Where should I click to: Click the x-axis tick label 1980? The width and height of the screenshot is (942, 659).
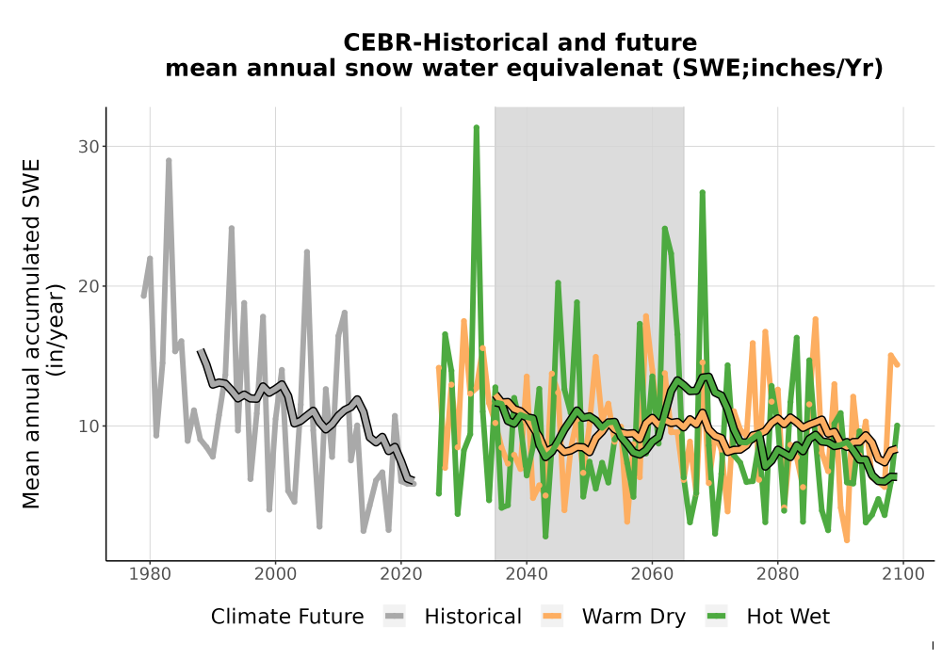(x=150, y=573)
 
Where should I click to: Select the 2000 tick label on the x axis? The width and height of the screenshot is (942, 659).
(x=275, y=573)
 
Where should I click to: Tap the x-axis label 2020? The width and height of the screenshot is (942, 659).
(x=400, y=573)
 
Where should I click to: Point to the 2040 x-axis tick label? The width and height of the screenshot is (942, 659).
(x=527, y=573)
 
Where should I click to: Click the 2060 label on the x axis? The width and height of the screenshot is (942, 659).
(x=652, y=573)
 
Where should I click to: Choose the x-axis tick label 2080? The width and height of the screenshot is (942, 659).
(x=777, y=573)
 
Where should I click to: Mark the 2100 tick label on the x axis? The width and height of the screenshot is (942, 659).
(x=903, y=573)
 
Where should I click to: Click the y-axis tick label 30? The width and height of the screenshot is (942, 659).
(x=89, y=147)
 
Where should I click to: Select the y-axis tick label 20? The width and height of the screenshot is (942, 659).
(x=89, y=286)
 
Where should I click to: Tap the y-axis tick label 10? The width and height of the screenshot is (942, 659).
(x=89, y=426)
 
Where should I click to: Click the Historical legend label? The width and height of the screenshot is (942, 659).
(x=473, y=617)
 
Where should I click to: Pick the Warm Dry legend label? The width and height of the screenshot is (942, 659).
(x=633, y=617)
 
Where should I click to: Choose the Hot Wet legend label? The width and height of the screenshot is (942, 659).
(x=788, y=617)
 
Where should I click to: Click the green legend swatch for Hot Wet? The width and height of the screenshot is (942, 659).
(x=717, y=617)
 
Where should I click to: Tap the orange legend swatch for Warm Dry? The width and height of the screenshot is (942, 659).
(x=551, y=617)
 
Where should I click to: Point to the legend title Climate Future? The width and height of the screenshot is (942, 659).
(x=287, y=617)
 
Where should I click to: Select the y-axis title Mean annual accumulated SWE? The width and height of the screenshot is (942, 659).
(x=31, y=333)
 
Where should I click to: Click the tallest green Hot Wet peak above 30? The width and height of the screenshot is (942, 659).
(x=477, y=127)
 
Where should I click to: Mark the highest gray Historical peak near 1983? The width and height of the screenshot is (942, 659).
(x=169, y=160)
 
